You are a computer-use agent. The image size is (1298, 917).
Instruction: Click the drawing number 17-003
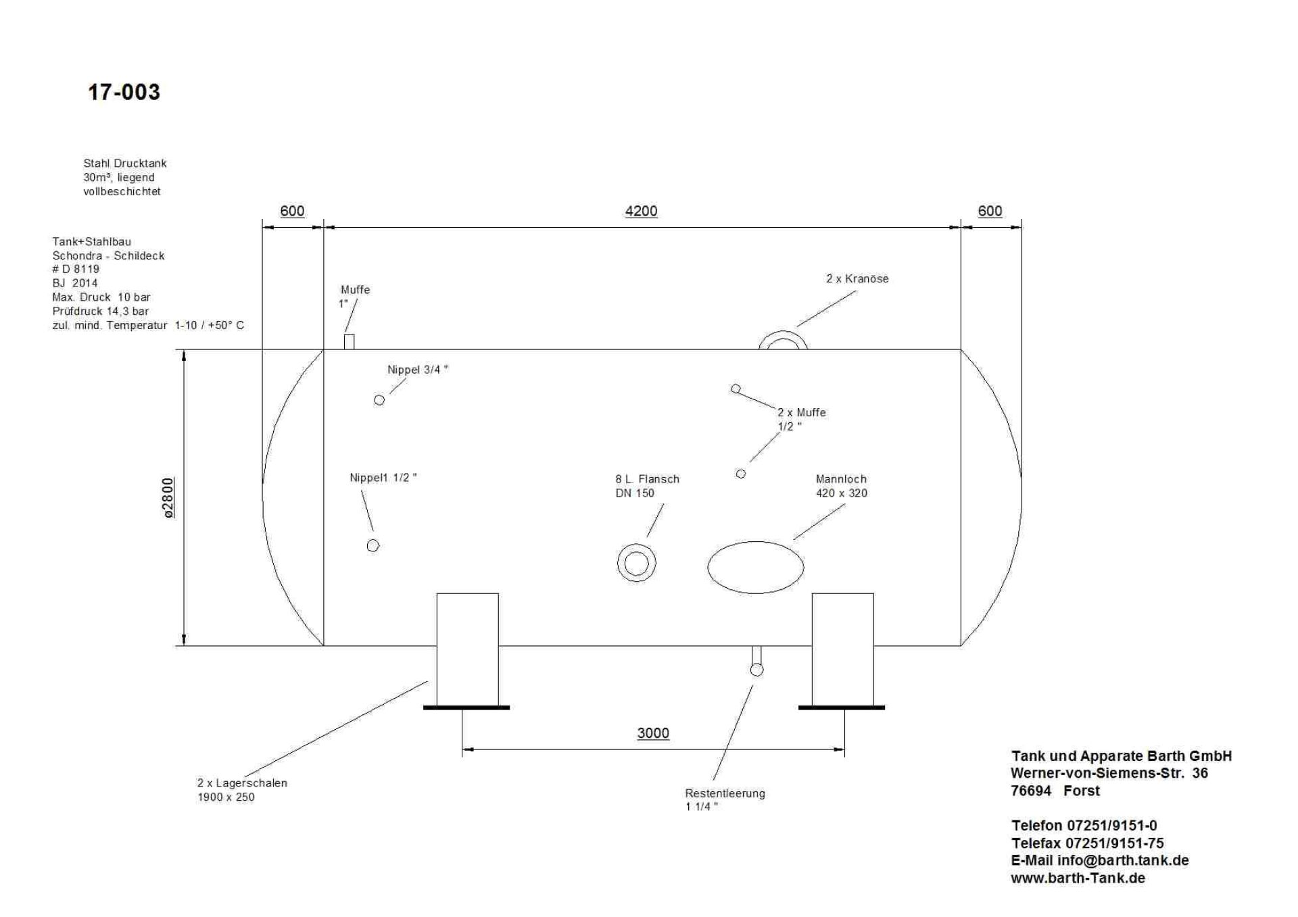point(124,92)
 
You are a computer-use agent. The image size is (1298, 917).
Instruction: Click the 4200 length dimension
point(641,211)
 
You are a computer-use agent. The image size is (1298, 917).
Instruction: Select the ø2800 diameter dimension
point(168,497)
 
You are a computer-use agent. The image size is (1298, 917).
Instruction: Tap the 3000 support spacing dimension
point(653,733)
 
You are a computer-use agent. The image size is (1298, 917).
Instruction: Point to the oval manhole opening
point(756,567)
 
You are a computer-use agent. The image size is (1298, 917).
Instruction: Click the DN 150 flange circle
point(636,563)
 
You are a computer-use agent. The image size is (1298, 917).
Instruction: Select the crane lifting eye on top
point(783,340)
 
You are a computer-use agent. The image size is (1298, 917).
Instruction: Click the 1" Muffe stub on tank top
point(349,342)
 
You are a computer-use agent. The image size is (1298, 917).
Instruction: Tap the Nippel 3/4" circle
point(379,400)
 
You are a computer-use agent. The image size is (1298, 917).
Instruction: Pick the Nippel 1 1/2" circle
point(373,545)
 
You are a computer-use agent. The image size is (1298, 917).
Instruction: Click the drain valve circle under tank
point(757,670)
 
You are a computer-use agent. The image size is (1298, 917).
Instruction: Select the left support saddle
point(467,649)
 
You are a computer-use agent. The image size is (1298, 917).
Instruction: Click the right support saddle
point(842,649)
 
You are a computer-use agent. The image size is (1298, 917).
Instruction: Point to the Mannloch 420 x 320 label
point(841,486)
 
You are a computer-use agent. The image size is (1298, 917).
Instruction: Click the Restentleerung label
point(725,793)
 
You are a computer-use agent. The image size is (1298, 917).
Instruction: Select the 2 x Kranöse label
point(857,278)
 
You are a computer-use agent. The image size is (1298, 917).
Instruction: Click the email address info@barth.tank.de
point(1123,860)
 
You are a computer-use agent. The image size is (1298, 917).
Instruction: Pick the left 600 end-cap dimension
point(292,211)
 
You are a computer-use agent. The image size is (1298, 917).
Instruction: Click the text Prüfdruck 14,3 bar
point(101,311)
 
